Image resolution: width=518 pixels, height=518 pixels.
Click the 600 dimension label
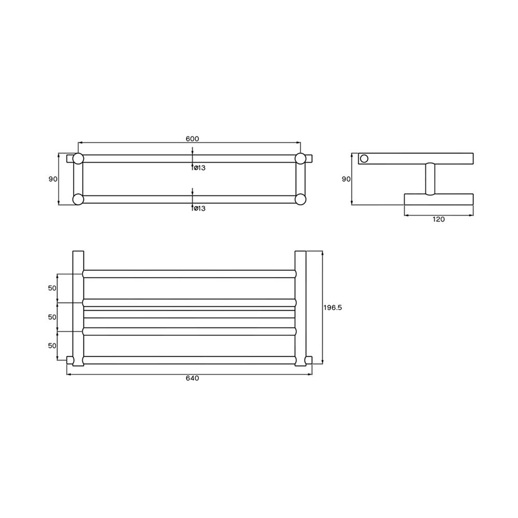pos(192,138)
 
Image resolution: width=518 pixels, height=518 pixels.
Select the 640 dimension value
pos(192,378)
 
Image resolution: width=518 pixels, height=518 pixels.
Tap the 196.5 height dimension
pos(333,307)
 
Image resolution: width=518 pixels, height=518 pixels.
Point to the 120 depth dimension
pos(438,219)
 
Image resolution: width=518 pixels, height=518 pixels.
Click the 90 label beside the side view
pos(346,179)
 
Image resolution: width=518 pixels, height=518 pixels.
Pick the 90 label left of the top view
pos(53,179)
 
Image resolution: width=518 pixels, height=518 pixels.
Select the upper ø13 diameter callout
pos(199,167)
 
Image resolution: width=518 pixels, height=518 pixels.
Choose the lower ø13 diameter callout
pos(199,208)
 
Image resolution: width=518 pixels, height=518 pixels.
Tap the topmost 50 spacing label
pos(52,287)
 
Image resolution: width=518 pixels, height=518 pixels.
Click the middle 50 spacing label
pos(52,316)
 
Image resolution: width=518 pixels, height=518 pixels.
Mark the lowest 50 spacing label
pos(52,345)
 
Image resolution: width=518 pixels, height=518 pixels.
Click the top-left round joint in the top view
pos(78,159)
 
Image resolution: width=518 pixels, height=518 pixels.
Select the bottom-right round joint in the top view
pos(300,199)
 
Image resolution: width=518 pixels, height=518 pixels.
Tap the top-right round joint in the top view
pos(300,159)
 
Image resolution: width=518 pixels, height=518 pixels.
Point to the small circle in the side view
pos(364,159)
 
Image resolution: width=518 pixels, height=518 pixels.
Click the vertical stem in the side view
pos(430,179)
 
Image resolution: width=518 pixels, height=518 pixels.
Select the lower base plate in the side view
pos(438,199)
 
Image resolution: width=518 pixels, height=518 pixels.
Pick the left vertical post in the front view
pos(78,308)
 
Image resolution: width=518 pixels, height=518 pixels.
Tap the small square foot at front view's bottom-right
pos(309,360)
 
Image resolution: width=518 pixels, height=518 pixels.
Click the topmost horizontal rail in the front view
pos(189,274)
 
